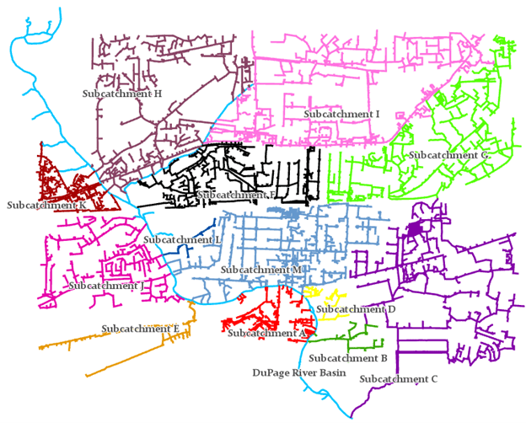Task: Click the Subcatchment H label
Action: (122, 94)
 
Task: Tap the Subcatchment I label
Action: (341, 113)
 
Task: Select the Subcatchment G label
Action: (448, 155)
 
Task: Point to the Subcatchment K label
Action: (47, 205)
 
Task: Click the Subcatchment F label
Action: (236, 195)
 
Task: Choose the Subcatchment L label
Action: (182, 239)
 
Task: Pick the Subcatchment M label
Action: (260, 269)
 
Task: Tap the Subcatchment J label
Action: (107, 286)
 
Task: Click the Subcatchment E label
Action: (141, 328)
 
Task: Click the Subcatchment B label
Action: (347, 357)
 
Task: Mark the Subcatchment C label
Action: (398, 379)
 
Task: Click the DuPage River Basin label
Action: (299, 371)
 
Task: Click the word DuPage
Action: (271, 371)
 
